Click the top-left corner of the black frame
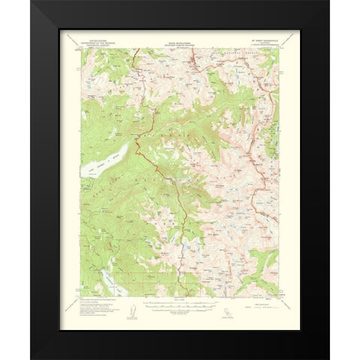tap(31, 1)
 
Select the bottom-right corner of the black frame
tap(328, 358)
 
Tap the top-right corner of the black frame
tap(328, 1)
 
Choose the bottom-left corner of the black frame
tap(31, 358)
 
